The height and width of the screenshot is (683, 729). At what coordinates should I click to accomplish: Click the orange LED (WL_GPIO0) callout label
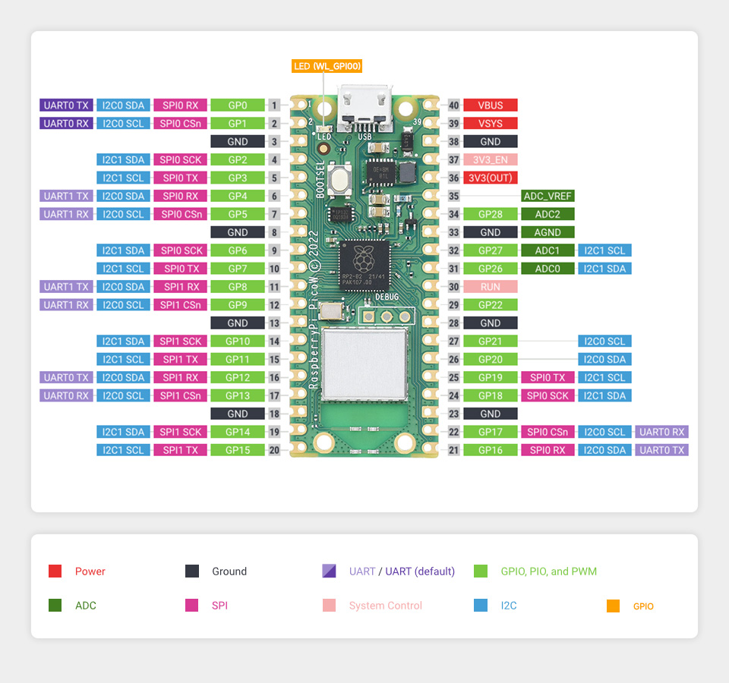(x=327, y=67)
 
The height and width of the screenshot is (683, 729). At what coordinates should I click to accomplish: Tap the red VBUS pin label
(x=491, y=105)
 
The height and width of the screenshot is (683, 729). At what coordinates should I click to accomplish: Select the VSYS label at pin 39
(x=491, y=124)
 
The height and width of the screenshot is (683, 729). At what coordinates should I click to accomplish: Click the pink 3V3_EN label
(x=491, y=160)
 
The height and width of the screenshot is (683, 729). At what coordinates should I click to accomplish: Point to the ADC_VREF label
(x=548, y=196)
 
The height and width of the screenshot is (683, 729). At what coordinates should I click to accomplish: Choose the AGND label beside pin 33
(x=548, y=232)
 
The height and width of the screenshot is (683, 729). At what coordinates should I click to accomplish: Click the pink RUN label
(x=491, y=287)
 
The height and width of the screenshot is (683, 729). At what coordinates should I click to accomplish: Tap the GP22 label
(x=491, y=305)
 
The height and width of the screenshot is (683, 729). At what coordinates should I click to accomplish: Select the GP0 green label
(x=238, y=105)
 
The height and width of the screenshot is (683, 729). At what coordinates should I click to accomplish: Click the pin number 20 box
(x=274, y=450)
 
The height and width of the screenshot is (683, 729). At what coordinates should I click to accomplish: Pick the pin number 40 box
(x=454, y=105)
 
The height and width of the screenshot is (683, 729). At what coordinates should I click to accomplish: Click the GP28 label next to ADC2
(x=491, y=214)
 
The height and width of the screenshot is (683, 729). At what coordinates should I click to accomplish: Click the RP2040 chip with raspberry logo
(x=364, y=263)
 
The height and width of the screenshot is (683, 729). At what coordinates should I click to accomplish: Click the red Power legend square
(x=55, y=571)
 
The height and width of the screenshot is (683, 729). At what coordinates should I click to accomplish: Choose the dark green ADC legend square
(x=55, y=606)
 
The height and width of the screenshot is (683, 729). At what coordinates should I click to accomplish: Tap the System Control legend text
(x=385, y=606)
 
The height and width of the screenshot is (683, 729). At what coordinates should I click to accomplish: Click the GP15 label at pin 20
(x=238, y=450)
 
